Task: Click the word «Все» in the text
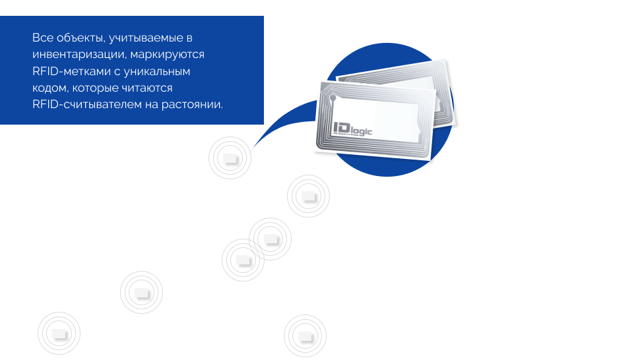[x=42, y=38]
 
